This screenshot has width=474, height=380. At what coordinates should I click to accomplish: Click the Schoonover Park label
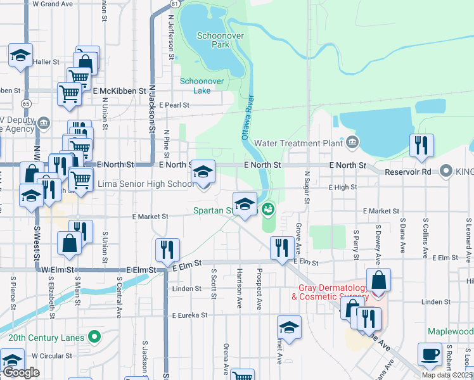[212, 41]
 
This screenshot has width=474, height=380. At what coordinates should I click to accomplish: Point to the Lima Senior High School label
[146, 184]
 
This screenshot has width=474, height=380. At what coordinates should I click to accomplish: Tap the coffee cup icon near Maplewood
[430, 355]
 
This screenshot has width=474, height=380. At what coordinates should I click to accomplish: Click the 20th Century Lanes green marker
[95, 337]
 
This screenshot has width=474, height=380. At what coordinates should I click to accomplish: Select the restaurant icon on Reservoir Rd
[421, 146]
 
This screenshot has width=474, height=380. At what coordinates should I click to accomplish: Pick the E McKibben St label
[120, 91]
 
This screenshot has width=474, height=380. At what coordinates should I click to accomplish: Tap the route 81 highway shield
[174, 4]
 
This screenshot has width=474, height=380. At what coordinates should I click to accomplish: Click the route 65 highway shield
[26, 103]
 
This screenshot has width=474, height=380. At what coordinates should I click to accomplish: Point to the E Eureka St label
[189, 315]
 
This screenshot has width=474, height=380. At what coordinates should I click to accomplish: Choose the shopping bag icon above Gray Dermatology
[378, 280]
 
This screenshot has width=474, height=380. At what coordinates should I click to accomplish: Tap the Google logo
[21, 373]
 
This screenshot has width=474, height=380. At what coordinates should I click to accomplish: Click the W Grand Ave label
[52, 4]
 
